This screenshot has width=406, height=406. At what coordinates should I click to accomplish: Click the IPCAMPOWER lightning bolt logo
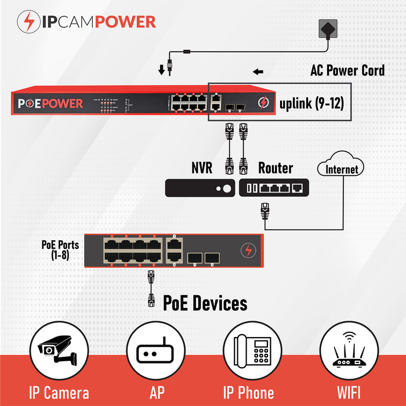[27, 21]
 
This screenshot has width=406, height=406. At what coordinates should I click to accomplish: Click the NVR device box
[200, 187]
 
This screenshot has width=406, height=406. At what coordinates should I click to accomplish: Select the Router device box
[274, 187]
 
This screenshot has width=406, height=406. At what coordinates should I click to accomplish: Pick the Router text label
[275, 168]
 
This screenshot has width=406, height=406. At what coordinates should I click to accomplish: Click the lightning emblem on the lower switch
[248, 251]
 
